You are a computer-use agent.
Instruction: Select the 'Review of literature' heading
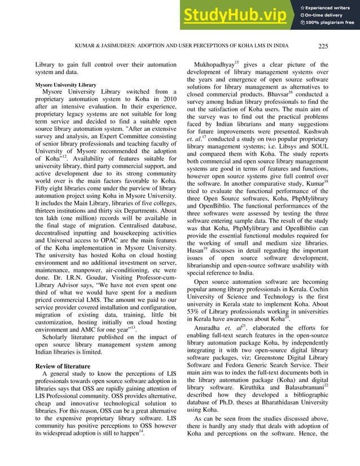point(64,367)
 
